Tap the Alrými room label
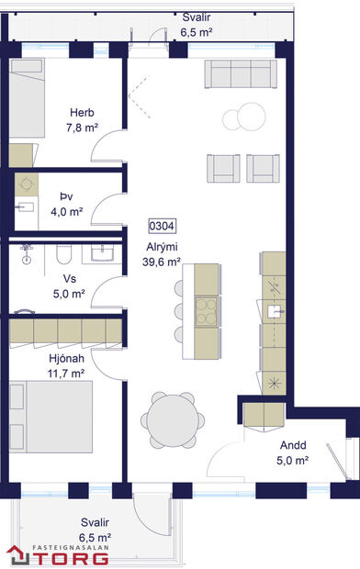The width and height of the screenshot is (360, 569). pos(162,247)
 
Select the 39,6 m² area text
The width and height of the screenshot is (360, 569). pos(161,262)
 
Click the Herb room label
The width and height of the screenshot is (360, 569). pos(82,113)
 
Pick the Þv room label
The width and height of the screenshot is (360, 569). pos(66,196)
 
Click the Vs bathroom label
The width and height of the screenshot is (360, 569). pos(68,280)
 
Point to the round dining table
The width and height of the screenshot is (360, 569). pos(172,420)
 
